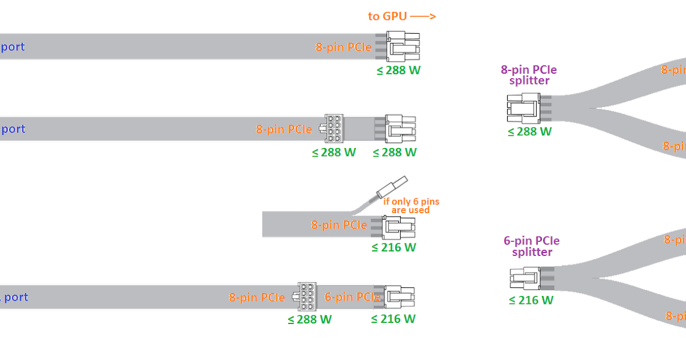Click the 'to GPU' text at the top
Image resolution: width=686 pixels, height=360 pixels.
(387, 16)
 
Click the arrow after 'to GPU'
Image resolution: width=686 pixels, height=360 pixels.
(423, 16)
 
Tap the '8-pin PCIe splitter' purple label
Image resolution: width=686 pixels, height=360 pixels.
(529, 75)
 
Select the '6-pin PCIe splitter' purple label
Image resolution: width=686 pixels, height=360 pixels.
(532, 246)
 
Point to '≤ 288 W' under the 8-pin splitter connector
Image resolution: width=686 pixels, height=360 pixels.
(529, 131)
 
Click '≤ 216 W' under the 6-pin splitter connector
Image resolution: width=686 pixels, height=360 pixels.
(531, 300)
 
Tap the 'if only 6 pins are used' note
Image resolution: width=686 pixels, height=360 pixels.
(410, 206)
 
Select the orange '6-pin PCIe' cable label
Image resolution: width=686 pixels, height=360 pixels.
(352, 297)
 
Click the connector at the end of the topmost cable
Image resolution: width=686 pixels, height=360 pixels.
(402, 47)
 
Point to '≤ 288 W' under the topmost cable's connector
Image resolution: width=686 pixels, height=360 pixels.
(398, 70)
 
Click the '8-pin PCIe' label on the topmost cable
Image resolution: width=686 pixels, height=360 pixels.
(344, 47)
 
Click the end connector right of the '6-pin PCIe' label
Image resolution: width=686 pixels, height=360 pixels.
(400, 297)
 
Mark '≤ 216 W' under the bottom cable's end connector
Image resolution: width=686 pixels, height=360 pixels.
(393, 319)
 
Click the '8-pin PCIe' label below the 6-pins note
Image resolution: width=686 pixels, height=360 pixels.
(339, 225)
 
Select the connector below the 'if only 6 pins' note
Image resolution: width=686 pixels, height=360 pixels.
(399, 227)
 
